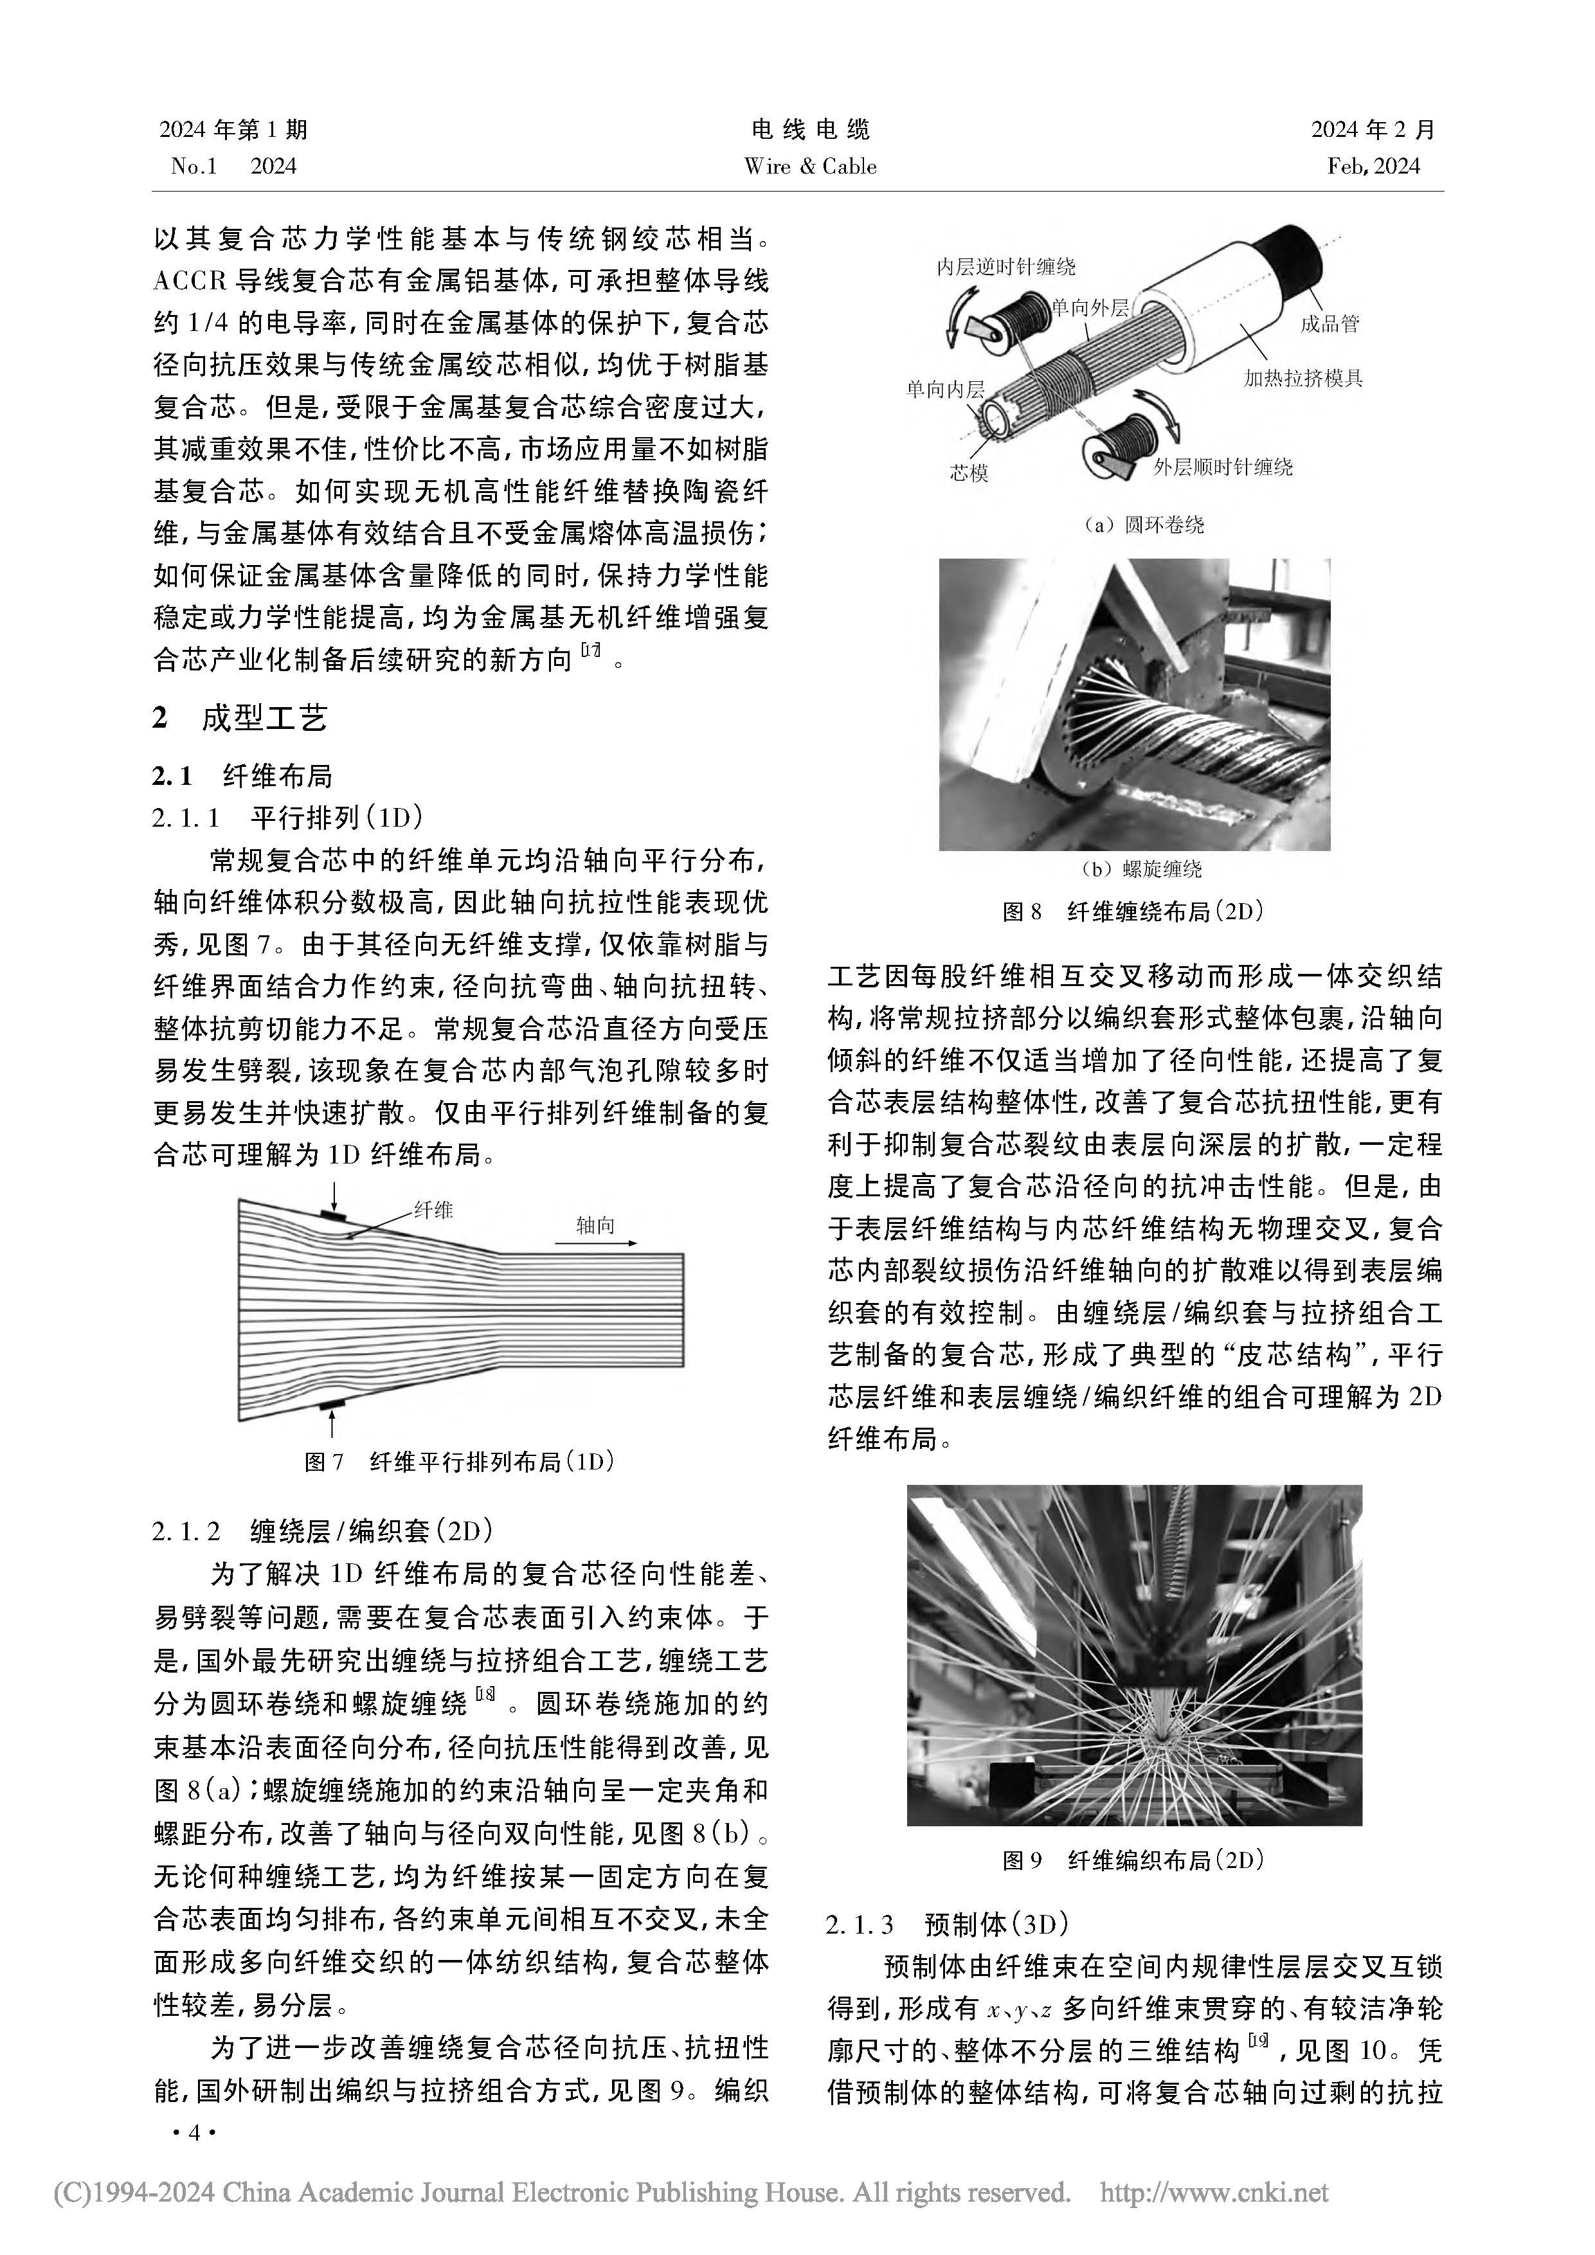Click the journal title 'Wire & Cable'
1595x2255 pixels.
pos(810,166)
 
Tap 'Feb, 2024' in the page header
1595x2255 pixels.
pos(1373,166)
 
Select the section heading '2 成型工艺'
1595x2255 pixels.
pos(240,718)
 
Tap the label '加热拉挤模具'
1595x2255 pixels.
pos(1302,378)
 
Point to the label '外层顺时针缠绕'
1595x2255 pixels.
pos(1223,467)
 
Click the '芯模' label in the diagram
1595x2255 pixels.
pos(968,473)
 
